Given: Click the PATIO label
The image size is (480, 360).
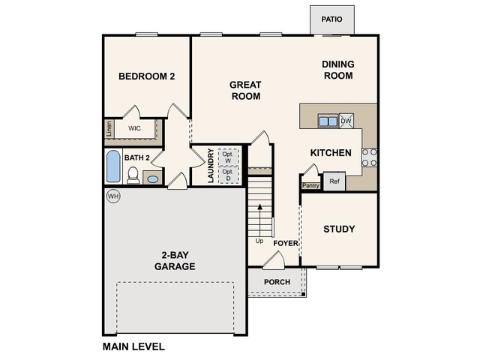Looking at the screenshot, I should pyautogui.click(x=332, y=19).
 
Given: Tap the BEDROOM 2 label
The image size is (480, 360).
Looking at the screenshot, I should pyautogui.click(x=147, y=76).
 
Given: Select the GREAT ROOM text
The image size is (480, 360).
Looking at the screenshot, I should pyautogui.click(x=245, y=91).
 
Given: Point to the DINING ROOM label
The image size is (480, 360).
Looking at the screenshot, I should pyautogui.click(x=338, y=70).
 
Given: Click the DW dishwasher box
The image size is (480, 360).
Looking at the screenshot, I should pyautogui.click(x=346, y=121).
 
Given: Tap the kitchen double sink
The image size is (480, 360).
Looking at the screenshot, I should pyautogui.click(x=327, y=121).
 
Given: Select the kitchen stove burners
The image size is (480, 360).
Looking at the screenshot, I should pyautogui.click(x=370, y=157).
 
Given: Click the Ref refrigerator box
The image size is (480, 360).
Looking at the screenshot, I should pyautogui.click(x=334, y=181).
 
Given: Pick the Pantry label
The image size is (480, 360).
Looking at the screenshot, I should pyautogui.click(x=310, y=184).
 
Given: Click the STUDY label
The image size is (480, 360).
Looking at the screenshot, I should pyautogui.click(x=339, y=229).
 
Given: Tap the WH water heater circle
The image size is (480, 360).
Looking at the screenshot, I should pyautogui.click(x=112, y=196).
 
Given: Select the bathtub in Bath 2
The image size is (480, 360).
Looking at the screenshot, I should pyautogui.click(x=112, y=166).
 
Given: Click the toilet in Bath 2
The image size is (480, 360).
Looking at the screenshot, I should pyautogui.click(x=133, y=176).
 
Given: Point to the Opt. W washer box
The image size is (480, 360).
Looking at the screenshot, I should pyautogui.click(x=229, y=157).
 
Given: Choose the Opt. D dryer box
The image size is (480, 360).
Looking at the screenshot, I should pyautogui.click(x=229, y=175).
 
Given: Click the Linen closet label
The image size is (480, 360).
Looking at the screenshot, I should pyautogui.click(x=109, y=129).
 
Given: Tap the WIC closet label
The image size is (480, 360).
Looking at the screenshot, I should pyautogui.click(x=135, y=128).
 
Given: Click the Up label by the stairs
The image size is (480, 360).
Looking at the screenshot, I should pyautogui.click(x=259, y=241).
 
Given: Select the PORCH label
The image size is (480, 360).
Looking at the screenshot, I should pyautogui.click(x=277, y=282).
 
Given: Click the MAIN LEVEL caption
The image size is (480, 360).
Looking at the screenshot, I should pyautogui.click(x=133, y=346).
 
